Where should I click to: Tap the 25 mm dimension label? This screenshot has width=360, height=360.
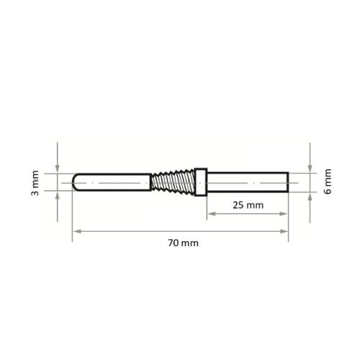[x=248, y=205]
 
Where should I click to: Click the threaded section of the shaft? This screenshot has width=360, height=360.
[x=173, y=182]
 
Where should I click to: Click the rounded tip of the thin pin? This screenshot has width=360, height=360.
[x=76, y=182]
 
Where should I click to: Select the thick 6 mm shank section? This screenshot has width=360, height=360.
[x=248, y=182]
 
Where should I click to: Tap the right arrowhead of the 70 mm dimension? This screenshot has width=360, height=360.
[x=285, y=230]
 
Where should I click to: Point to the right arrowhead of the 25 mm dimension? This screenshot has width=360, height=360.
[x=285, y=215]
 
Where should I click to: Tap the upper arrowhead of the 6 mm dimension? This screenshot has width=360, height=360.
[x=309, y=167]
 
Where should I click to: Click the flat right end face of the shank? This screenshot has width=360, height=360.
[x=288, y=182]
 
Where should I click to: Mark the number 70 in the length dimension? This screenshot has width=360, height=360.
[x=173, y=243]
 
